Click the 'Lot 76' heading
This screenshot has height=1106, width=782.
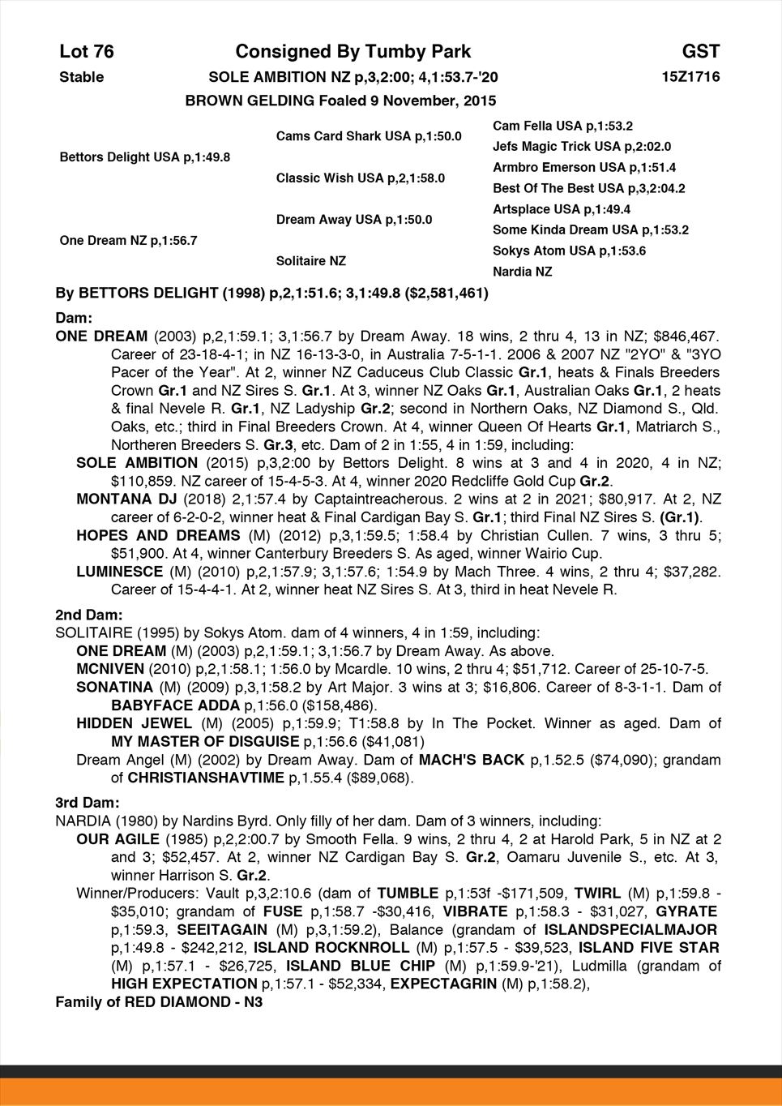pos(87,52)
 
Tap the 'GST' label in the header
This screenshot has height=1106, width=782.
pos(700,52)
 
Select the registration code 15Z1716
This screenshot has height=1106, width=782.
pos(690,77)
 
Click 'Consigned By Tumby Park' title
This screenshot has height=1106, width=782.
pos(353,52)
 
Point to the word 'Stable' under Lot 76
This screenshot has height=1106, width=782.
pos(82,77)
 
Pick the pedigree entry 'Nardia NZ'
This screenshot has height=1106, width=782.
pos(522,272)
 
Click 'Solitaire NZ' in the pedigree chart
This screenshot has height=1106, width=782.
pos(310,261)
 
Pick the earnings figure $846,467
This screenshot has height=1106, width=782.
pos(687,336)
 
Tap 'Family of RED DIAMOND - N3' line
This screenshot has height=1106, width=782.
pos(159,1002)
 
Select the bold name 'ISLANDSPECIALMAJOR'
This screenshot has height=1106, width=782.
pos(630,929)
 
